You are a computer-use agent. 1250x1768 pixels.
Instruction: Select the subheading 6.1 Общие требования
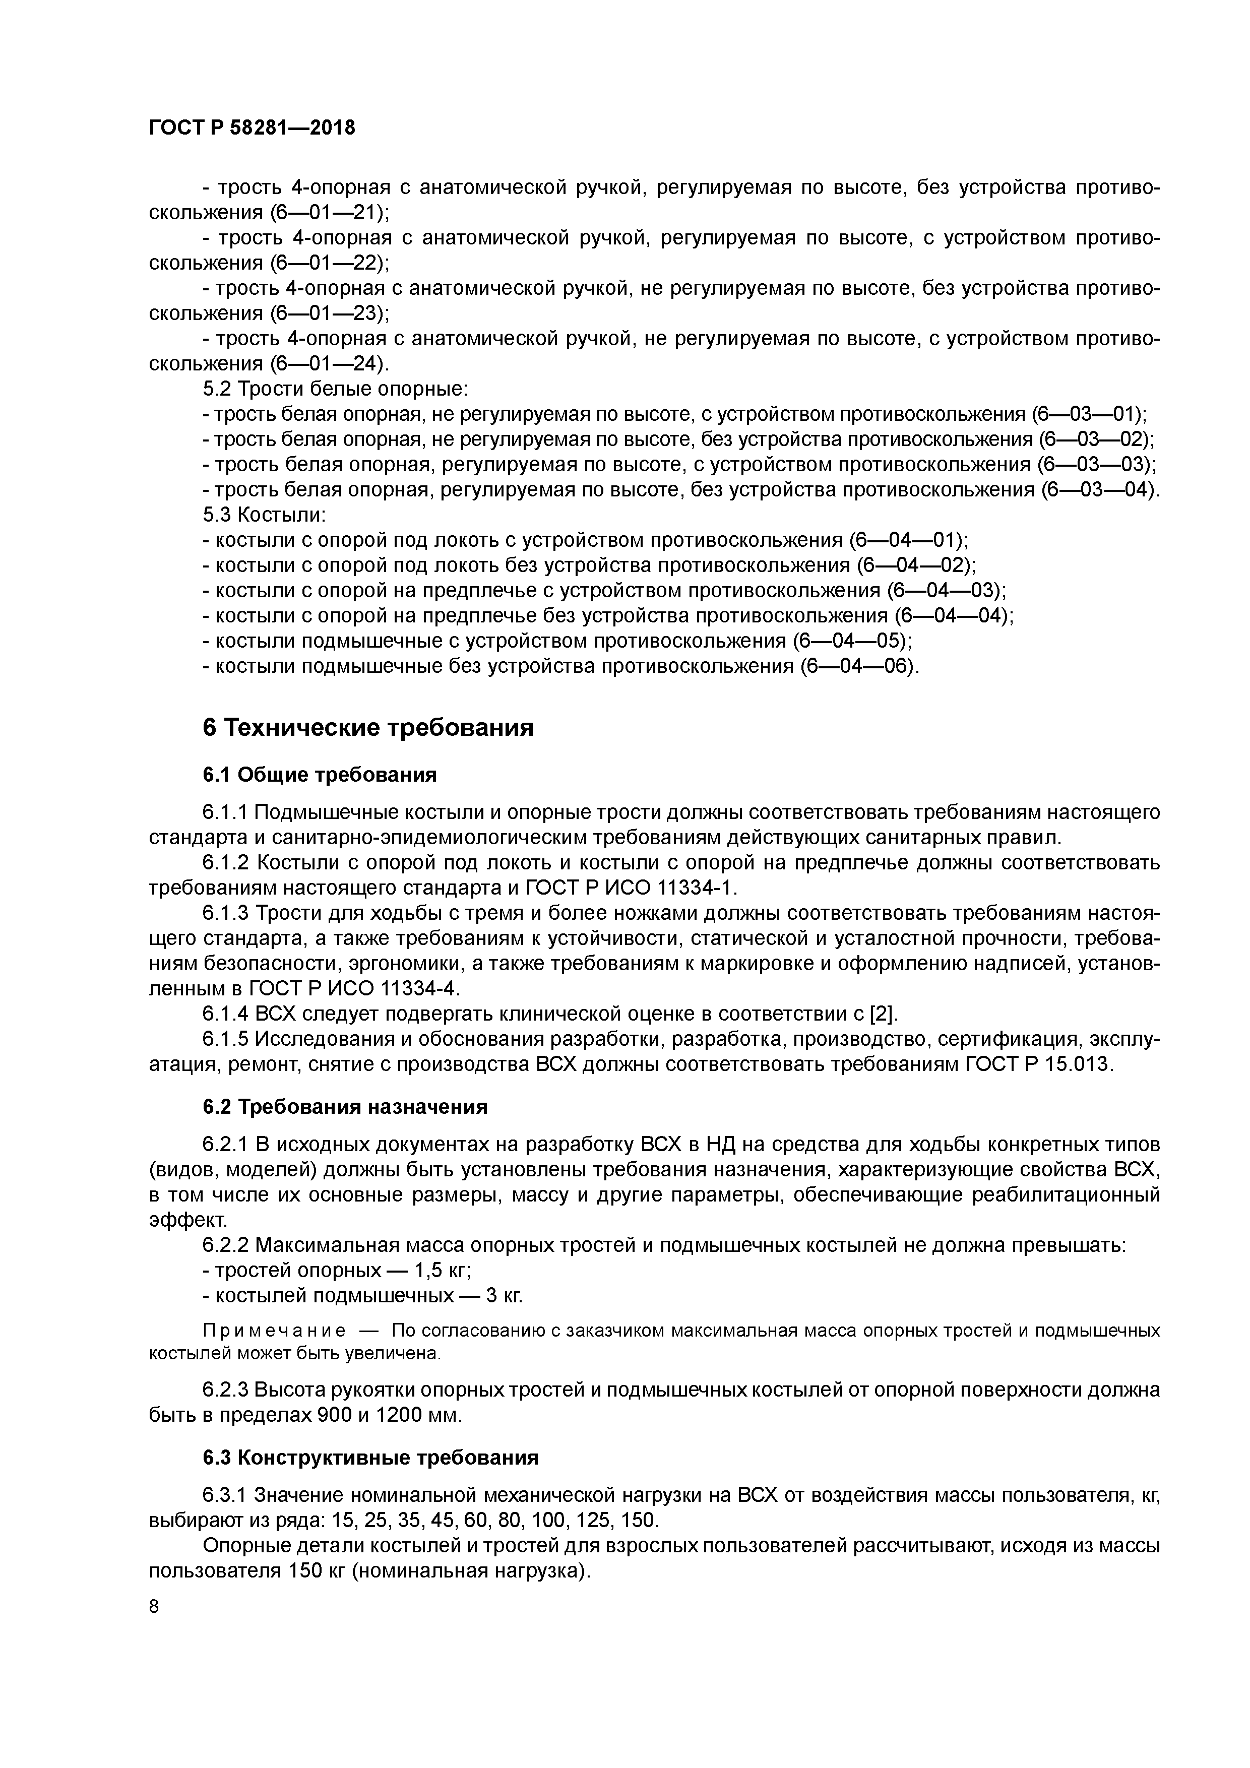tap(320, 775)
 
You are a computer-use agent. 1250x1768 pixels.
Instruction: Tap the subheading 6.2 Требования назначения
tap(345, 1107)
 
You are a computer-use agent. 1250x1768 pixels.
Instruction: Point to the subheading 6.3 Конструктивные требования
tap(370, 1458)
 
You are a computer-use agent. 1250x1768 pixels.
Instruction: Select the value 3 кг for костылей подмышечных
tap(504, 1296)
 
